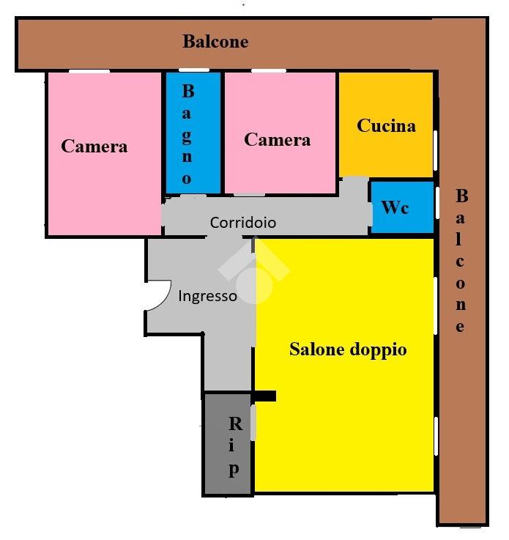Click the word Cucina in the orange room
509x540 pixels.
386,126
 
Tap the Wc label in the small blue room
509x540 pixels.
395,207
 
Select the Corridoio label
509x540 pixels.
243,223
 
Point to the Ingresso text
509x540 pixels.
207,296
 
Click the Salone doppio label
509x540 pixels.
348,350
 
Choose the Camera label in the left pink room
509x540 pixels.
94,146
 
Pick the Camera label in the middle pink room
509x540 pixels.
278,140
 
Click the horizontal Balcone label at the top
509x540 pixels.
215,42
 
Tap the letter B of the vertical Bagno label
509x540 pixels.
188,92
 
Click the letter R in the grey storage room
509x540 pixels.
236,424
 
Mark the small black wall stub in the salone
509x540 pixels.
264,396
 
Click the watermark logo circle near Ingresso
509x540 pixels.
255,285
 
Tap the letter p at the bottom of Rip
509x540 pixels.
234,470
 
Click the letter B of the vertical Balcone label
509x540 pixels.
462,196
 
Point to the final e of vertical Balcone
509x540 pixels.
460,327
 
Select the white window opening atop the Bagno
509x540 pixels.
194,70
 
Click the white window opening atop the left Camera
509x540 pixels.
89,71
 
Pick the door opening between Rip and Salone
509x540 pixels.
253,423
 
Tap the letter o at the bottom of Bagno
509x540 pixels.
187,179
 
